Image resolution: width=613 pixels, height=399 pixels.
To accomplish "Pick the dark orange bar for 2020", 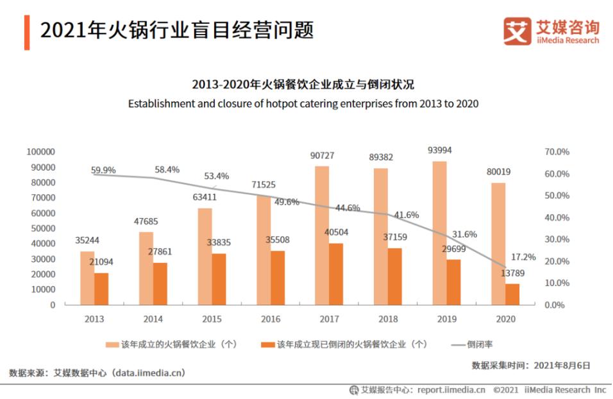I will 512,294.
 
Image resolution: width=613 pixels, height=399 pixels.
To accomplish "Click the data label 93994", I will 440,151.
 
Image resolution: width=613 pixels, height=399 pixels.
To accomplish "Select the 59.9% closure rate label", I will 103,170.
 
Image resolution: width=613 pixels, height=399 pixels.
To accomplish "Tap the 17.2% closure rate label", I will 523,257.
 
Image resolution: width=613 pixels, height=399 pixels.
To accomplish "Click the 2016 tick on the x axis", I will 271,318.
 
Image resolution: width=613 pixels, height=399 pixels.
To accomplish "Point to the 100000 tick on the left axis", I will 41,152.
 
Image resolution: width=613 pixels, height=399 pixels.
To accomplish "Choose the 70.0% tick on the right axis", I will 557,152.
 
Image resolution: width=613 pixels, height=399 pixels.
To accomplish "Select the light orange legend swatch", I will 112,344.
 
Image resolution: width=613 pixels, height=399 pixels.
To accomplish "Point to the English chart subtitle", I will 303,103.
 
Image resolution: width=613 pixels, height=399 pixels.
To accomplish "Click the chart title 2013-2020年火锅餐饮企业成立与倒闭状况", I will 303,85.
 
